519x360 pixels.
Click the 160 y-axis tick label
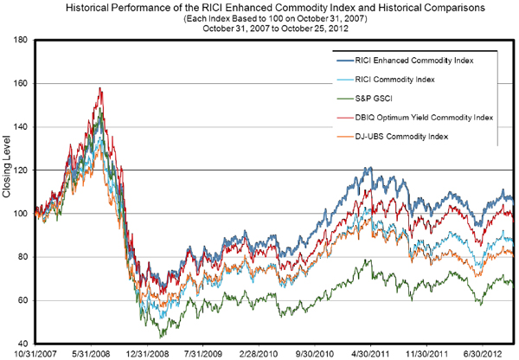click(x=22, y=84)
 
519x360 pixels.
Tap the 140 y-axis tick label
click(x=22, y=127)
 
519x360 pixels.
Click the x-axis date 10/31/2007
click(x=29, y=354)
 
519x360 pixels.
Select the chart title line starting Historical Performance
click(x=259, y=7)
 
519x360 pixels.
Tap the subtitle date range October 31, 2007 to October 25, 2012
click(x=259, y=28)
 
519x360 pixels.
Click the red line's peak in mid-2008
click(x=101, y=87)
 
